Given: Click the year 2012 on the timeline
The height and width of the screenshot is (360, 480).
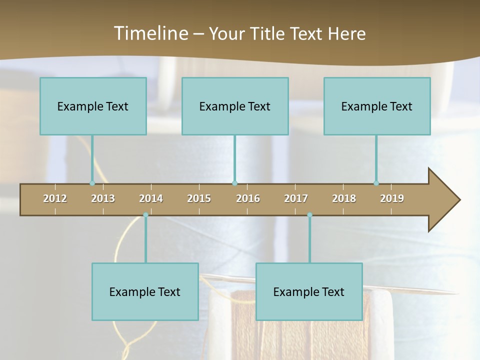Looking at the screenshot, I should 55,198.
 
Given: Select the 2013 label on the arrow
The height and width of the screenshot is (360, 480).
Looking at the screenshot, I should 103,198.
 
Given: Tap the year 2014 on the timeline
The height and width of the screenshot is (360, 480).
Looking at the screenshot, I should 151,198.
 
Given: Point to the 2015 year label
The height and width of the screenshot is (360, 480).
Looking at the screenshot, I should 199,198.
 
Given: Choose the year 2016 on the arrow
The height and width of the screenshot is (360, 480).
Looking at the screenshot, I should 248,198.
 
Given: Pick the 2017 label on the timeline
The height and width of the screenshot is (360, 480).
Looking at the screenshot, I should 296,198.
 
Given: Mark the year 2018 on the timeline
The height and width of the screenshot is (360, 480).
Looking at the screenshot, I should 344,198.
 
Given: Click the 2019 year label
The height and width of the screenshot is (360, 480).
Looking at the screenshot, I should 392,198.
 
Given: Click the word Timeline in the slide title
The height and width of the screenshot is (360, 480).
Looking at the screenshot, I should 150,33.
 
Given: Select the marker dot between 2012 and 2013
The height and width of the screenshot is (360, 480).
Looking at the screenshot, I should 92,183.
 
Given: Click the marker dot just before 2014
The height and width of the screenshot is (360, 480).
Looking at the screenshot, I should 145,215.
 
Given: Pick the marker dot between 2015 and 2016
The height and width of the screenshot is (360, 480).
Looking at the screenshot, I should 234,183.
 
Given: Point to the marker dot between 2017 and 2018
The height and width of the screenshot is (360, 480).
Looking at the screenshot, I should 309,215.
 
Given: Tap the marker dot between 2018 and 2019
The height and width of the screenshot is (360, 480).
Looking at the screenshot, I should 376,183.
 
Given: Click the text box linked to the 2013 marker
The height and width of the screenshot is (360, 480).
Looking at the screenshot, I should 93,106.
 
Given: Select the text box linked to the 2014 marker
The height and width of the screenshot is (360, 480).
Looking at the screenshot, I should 145,291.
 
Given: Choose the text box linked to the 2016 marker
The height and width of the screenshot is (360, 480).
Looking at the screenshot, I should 235,106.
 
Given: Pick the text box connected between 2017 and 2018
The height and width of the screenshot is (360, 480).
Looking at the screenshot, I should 309,291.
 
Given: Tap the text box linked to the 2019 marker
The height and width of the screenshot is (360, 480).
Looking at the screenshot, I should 377,106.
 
